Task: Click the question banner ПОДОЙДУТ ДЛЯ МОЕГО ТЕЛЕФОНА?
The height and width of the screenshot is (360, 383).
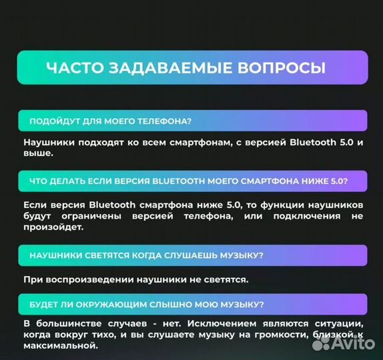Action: pos(192,121)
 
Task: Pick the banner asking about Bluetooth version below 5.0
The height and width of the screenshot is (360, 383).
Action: pos(192,181)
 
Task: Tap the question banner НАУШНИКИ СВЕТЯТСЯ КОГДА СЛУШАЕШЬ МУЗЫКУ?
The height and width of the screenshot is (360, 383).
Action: pos(192,255)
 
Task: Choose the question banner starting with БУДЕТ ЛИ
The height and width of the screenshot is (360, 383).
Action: pos(192,305)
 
